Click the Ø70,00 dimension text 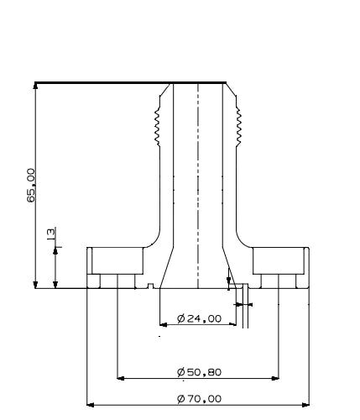tap(199, 398)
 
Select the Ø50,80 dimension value tap(199, 371)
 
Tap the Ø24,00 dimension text tap(199, 318)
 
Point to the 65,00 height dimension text tap(30, 185)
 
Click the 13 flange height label tap(50, 234)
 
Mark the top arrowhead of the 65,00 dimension tap(35, 87)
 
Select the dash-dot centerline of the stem tap(197, 185)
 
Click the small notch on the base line tap(149, 286)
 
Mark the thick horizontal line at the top tap(130, 82)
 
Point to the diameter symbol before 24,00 tap(181, 318)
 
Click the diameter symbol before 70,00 tap(181, 398)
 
